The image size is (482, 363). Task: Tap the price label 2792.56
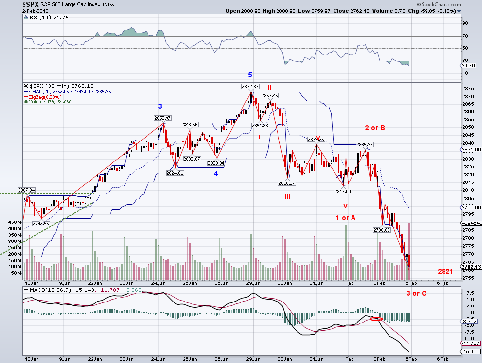click(x=41, y=223)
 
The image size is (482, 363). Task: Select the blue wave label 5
click(x=250, y=75)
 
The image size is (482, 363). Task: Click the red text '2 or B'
click(x=375, y=128)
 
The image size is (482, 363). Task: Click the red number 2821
click(x=445, y=271)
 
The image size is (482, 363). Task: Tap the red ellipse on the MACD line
click(x=375, y=319)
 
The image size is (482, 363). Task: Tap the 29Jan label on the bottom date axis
click(x=253, y=282)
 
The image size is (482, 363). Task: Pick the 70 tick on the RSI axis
click(x=464, y=36)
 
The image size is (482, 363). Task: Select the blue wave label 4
click(x=216, y=173)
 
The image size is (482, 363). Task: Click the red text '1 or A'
click(x=345, y=218)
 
